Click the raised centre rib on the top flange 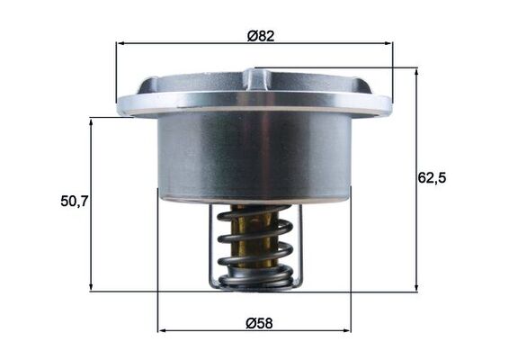254,79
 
